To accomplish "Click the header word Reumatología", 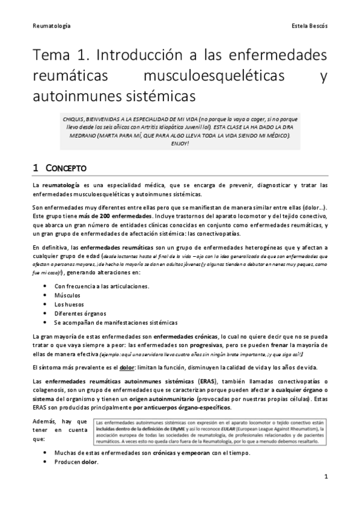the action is point(51,27).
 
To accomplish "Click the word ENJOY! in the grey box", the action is point(180,144).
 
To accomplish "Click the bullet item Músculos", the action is point(69,295).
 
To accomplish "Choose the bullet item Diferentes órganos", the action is point(81,313).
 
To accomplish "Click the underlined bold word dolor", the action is point(126,367).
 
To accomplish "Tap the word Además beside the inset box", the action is point(48,423).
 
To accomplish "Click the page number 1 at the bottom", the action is point(325,477).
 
